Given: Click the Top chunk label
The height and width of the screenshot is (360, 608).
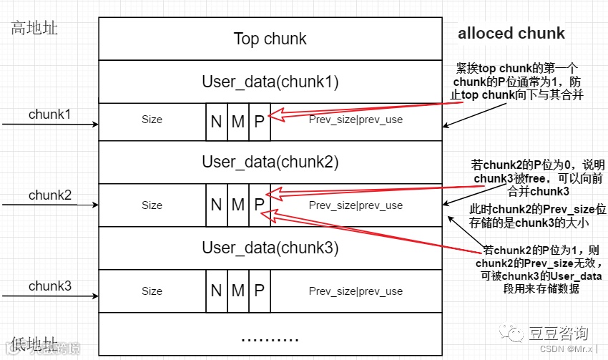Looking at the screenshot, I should pyautogui.click(x=270, y=39).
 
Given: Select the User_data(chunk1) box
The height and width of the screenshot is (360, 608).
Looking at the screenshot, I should pyautogui.click(x=270, y=82).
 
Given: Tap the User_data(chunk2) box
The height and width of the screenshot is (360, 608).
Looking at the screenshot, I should pyautogui.click(x=270, y=162).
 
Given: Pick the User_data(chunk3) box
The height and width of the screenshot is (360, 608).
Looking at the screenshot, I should pyautogui.click(x=270, y=248).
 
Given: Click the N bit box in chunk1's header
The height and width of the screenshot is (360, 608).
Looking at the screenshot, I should pyautogui.click(x=217, y=121).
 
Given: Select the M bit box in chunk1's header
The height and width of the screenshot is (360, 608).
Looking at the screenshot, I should pyautogui.click(x=238, y=121).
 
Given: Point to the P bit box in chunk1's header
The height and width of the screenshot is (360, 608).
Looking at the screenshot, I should pyautogui.click(x=260, y=121).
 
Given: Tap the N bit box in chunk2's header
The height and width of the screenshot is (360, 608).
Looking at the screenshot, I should pyautogui.click(x=217, y=205).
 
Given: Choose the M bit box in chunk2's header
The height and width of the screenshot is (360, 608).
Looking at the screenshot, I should pyautogui.click(x=238, y=205).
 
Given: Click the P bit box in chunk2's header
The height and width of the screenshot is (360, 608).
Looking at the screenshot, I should pyautogui.click(x=260, y=205).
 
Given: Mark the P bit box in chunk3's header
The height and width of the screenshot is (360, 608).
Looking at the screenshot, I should pyautogui.click(x=260, y=291).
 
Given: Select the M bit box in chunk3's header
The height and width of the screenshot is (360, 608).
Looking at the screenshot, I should pyautogui.click(x=238, y=291).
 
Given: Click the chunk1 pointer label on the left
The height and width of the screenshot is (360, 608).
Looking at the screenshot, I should pyautogui.click(x=50, y=114).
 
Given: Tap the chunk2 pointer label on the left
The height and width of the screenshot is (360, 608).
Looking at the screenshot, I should pyautogui.click(x=50, y=195).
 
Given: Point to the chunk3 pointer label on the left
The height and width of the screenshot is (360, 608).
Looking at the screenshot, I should pyautogui.click(x=50, y=286).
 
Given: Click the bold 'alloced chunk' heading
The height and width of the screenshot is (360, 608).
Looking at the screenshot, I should pyautogui.click(x=511, y=34).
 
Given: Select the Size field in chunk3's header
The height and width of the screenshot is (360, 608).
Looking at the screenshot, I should pyautogui.click(x=152, y=291).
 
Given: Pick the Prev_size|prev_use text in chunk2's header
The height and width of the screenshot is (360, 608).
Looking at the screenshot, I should pyautogui.click(x=356, y=205).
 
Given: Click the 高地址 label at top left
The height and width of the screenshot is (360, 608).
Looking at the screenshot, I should pyautogui.click(x=34, y=29).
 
